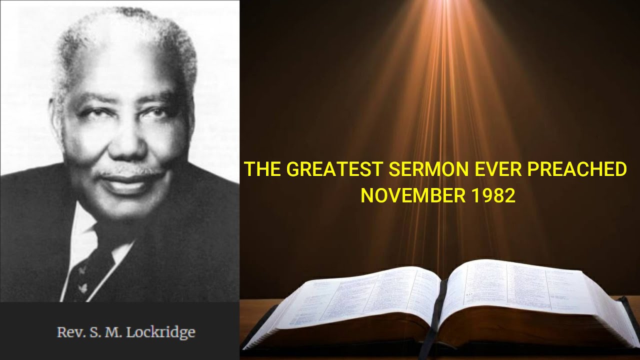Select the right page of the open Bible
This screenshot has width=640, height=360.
(520, 295)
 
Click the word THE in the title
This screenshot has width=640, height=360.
(263, 169)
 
